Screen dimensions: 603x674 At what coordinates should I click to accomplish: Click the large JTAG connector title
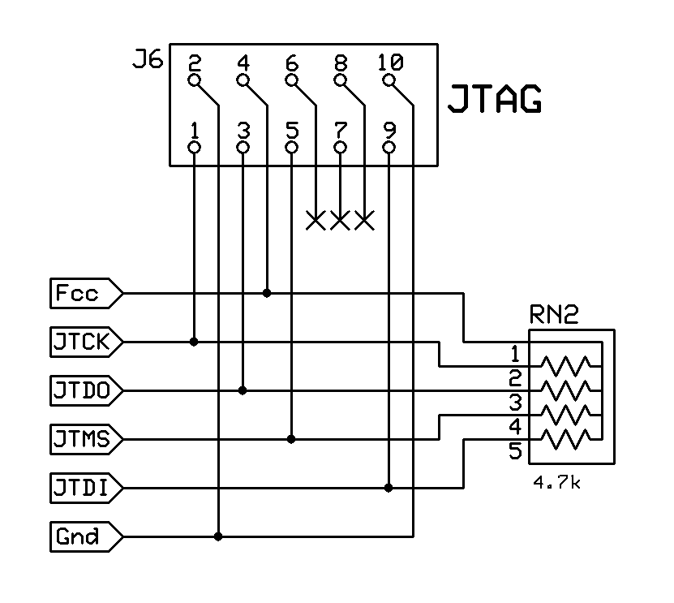(495, 101)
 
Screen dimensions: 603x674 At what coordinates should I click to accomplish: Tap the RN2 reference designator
(555, 313)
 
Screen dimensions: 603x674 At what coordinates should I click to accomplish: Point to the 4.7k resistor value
(556, 483)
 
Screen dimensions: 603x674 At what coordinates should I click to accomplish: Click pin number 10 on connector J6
(389, 62)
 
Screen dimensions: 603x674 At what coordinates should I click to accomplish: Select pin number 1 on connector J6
(194, 130)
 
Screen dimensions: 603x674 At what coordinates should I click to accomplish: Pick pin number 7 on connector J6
(340, 130)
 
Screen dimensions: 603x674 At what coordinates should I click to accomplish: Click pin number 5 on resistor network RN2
(515, 451)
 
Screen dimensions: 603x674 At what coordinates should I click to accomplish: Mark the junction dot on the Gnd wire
(218, 536)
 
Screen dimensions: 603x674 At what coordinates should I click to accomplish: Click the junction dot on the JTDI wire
(389, 488)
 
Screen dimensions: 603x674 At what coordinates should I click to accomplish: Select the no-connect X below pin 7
(340, 219)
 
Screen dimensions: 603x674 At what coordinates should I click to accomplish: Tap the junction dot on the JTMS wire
(291, 439)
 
